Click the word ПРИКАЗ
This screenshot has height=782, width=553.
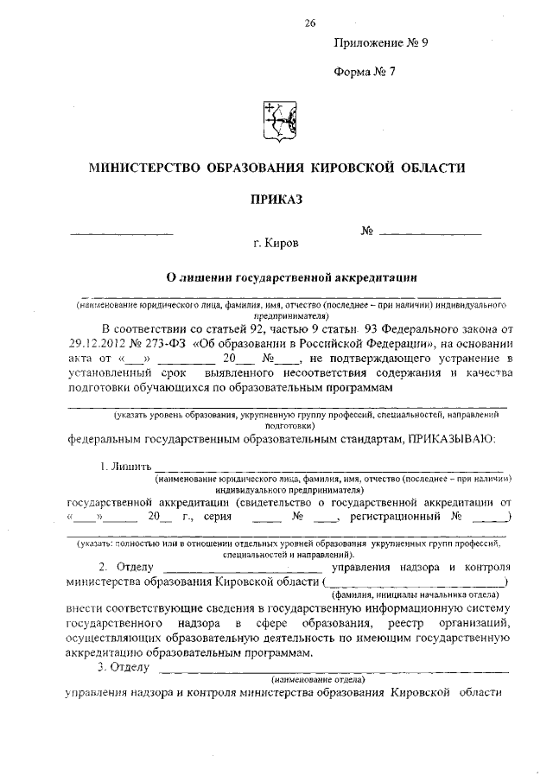[x=277, y=200]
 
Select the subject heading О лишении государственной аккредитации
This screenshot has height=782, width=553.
[x=285, y=277]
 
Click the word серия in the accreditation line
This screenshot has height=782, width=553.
[x=217, y=518]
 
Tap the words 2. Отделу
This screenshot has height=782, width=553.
[x=126, y=567]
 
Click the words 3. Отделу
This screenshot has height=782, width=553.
[x=124, y=668]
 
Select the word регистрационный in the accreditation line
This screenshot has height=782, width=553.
[x=392, y=518]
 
